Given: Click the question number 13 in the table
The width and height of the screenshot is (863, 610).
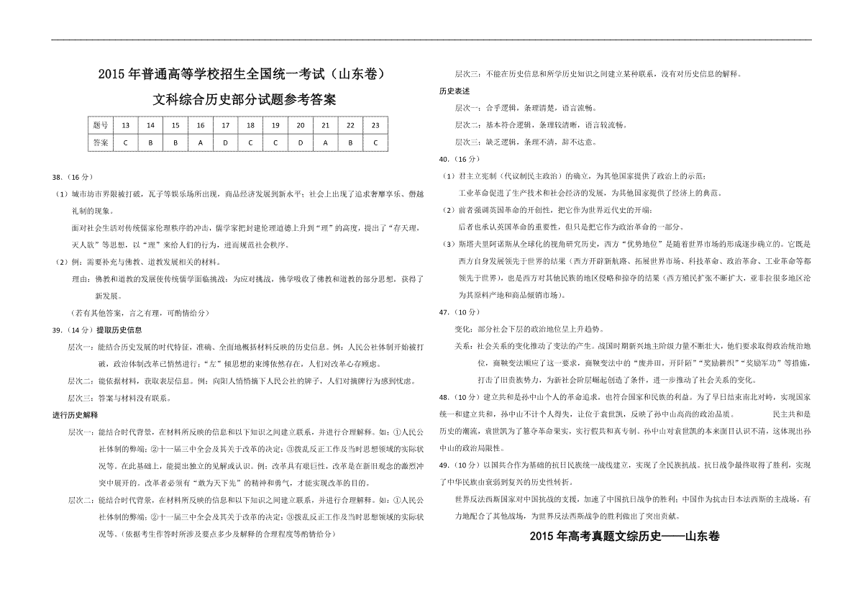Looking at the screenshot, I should (126, 125).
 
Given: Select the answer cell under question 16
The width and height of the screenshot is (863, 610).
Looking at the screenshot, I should (201, 142).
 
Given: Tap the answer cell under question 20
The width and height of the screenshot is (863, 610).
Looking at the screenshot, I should (301, 142).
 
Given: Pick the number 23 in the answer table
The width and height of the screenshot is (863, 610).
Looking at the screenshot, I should (375, 125).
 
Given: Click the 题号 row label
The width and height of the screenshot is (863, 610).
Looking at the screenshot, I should (101, 125).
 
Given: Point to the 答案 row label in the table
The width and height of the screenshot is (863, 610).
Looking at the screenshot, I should (101, 142).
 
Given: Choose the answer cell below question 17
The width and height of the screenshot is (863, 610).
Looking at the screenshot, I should (226, 142).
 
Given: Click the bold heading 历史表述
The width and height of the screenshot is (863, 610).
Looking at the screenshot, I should (455, 91).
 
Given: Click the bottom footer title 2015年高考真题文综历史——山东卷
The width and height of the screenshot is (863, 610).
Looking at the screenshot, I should (624, 536).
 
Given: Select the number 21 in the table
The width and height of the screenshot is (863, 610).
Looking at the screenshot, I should (326, 125).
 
